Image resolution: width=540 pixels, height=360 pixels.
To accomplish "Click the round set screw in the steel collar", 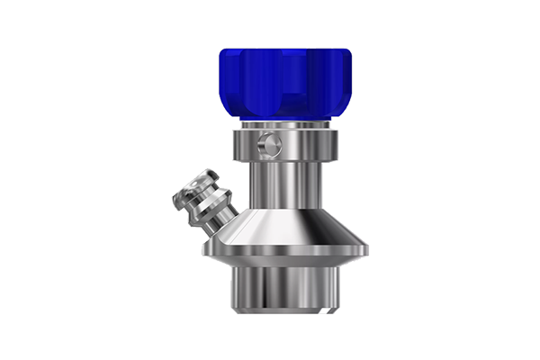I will [x=265, y=142].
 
